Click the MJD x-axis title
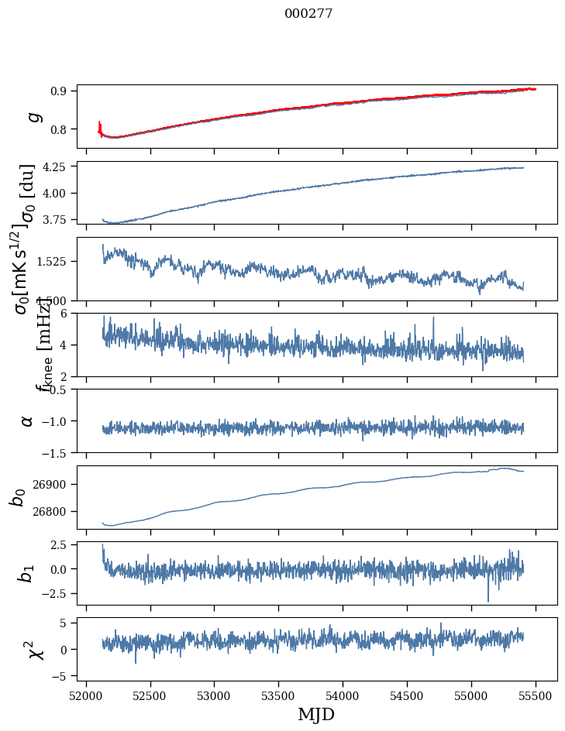click(316, 714)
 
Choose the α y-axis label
click(28, 420)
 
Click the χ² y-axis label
click(35, 650)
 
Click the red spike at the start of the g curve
click(99, 125)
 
